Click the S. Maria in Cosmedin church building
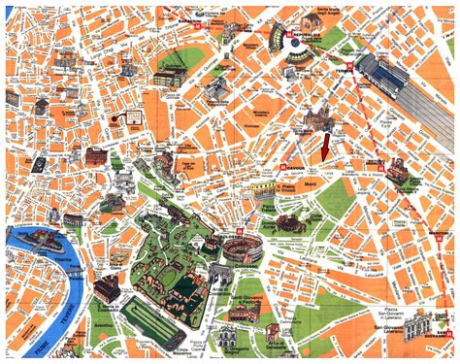pyautogui.click(x=108, y=287)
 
